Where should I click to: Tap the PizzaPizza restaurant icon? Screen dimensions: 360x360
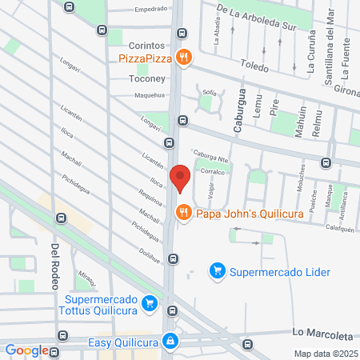(x=185, y=57)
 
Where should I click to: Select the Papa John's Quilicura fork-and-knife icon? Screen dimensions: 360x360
(x=183, y=212)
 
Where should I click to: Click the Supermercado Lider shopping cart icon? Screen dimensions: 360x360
(x=216, y=271)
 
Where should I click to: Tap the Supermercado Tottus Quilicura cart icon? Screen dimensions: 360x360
(x=149, y=302)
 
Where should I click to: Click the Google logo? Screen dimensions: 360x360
(x=26, y=350)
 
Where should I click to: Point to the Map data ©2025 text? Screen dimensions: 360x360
(x=325, y=354)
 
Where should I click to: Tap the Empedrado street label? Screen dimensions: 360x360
(x=151, y=10)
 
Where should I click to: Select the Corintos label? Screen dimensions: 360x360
(x=146, y=46)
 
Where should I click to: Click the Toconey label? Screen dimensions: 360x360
(x=146, y=79)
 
